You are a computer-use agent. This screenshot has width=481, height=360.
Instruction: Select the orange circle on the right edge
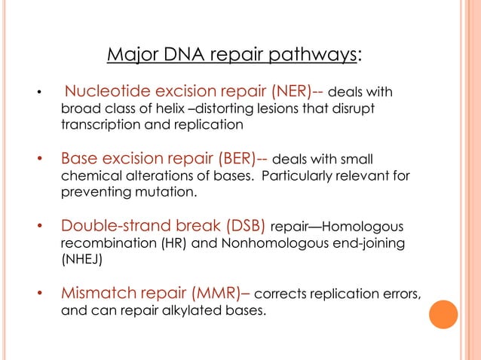click(x=444, y=314)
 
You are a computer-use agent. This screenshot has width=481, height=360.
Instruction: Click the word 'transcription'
click(x=97, y=125)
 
